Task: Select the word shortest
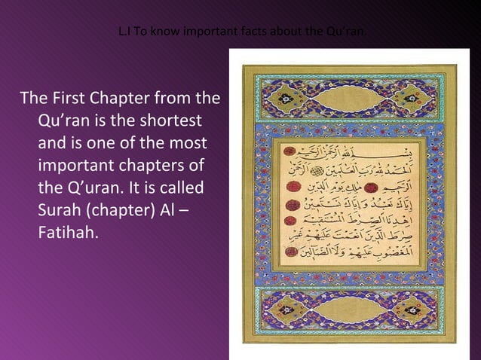point(175,121)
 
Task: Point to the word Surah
point(58,208)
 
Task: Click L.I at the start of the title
point(125,32)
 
